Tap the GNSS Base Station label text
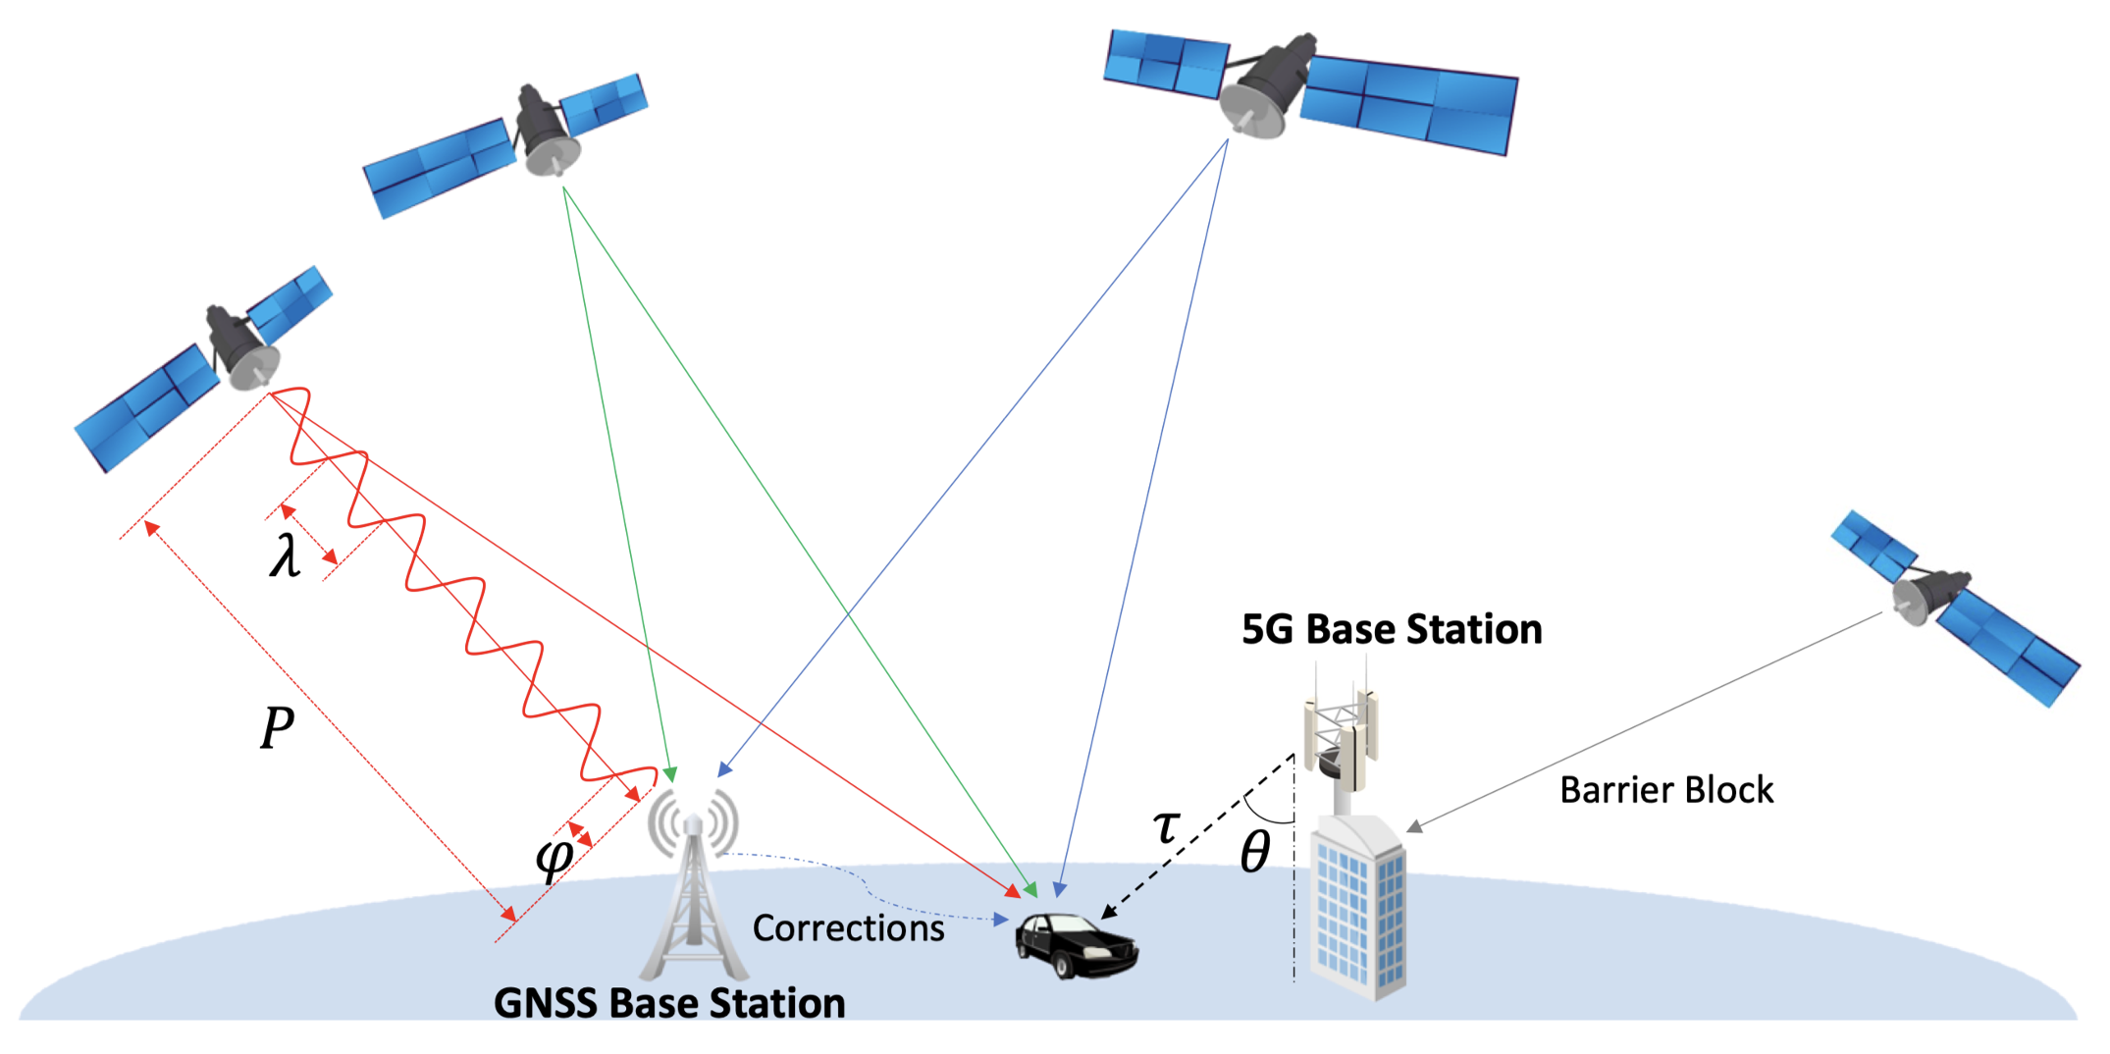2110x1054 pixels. [669, 1003]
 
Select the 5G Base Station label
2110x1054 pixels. [1392, 629]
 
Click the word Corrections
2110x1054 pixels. [848, 928]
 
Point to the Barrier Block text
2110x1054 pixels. [1666, 790]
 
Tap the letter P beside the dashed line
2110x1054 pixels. [277, 728]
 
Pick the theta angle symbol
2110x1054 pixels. [1255, 851]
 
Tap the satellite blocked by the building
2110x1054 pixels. [1953, 604]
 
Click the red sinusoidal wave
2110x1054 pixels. [461, 589]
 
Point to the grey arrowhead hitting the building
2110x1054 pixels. [1414, 827]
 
